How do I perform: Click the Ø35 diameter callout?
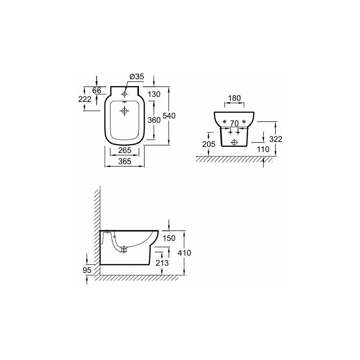(x=137, y=76)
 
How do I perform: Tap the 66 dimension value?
(x=96, y=90)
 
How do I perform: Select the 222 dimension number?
(x=85, y=99)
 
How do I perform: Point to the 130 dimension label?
(x=154, y=94)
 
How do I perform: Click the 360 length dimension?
(x=154, y=120)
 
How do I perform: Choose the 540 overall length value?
(x=169, y=116)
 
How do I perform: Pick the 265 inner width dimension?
(x=125, y=150)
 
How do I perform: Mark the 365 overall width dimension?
(x=125, y=161)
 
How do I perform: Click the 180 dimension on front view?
(x=234, y=98)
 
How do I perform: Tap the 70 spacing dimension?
(x=234, y=123)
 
